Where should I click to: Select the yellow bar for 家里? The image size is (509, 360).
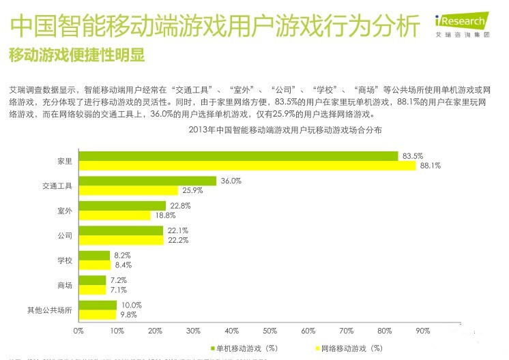[x=246, y=166]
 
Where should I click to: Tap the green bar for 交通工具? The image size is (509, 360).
[x=147, y=181]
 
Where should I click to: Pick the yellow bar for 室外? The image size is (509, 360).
[x=114, y=215]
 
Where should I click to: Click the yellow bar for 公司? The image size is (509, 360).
[x=121, y=240]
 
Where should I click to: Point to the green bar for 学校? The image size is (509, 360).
[x=94, y=255]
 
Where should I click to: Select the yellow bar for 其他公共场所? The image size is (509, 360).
[x=97, y=314]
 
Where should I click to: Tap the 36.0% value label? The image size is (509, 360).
[x=231, y=181]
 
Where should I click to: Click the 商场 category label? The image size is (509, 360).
[x=66, y=285]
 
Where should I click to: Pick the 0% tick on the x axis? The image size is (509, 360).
[x=78, y=331]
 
